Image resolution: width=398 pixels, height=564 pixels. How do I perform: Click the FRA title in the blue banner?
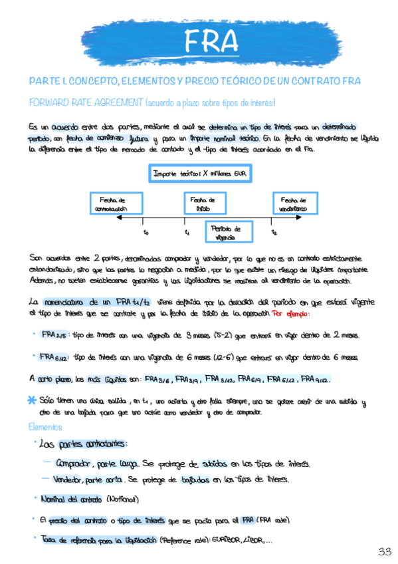(x=212, y=42)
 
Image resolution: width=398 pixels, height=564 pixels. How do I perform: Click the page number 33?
(x=384, y=551)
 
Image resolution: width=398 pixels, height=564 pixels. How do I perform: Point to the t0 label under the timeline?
(x=146, y=233)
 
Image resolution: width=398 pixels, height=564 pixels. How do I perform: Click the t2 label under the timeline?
(x=274, y=233)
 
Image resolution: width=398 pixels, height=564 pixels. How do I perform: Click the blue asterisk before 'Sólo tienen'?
(x=32, y=400)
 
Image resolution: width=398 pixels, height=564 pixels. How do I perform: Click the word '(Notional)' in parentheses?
(x=122, y=499)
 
